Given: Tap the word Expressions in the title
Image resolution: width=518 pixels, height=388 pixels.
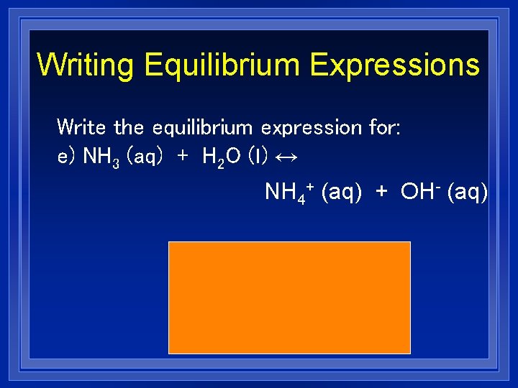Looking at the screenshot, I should click(x=394, y=65).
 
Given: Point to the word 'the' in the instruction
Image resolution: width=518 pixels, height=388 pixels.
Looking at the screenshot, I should click(x=129, y=128).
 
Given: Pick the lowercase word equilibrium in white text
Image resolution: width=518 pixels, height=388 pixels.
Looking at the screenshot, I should click(x=202, y=128).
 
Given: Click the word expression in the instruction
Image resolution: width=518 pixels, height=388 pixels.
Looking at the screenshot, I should click(x=311, y=128).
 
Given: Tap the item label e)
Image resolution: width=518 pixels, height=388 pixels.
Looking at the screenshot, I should click(x=67, y=157).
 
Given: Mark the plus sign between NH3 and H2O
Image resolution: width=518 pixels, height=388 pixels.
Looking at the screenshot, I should click(x=182, y=157).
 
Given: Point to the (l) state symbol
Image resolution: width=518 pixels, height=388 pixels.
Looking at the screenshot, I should click(x=258, y=157).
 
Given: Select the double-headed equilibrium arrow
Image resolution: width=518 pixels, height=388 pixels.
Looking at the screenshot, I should click(x=287, y=157).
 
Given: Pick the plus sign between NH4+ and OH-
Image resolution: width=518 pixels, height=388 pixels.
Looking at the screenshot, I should click(x=381, y=193).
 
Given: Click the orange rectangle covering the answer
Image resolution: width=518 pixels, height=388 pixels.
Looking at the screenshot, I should click(x=289, y=297).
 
